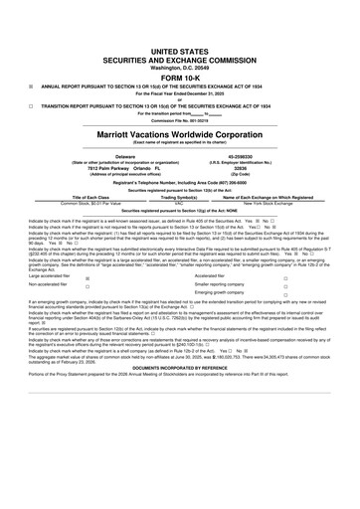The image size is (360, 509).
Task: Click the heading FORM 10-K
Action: (180, 79)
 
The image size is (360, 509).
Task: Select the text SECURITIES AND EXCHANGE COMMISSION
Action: (180, 59)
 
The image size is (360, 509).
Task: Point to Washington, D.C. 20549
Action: (180, 68)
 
